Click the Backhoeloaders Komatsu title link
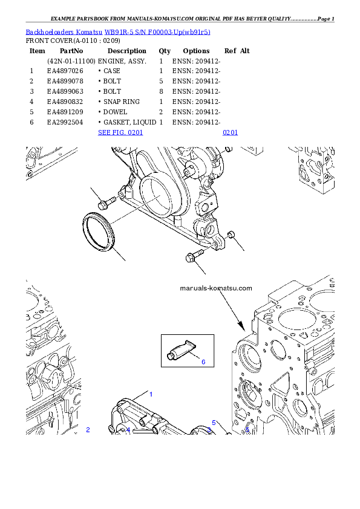click(x=118, y=32)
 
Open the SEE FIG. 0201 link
click(x=120, y=132)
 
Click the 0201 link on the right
click(x=230, y=132)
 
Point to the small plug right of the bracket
click(x=231, y=235)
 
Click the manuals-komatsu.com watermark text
click(x=216, y=288)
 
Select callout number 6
click(x=203, y=362)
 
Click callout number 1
click(x=151, y=394)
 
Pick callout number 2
click(x=88, y=430)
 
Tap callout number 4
click(x=128, y=430)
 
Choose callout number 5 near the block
click(x=214, y=423)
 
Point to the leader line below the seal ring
click(x=118, y=254)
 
